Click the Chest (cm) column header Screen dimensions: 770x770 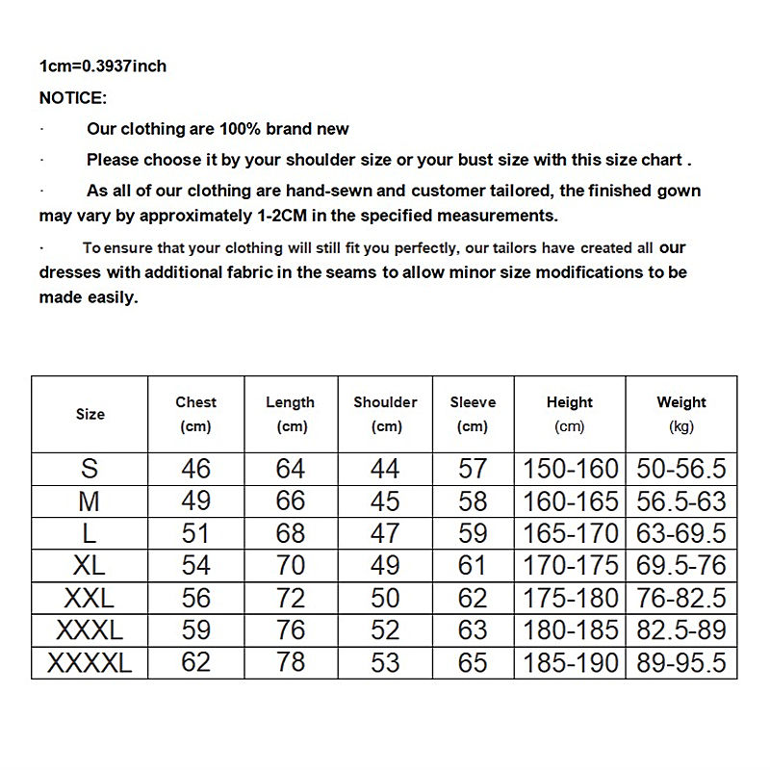click(195, 414)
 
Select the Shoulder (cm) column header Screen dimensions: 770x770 click(385, 414)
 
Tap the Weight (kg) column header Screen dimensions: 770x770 click(681, 414)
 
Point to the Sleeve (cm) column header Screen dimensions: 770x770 click(473, 414)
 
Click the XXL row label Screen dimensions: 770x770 click(90, 598)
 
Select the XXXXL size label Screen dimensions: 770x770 click(90, 662)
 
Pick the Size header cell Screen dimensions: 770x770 click(90, 414)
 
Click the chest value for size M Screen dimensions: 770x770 click(195, 501)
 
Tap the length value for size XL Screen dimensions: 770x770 click(290, 565)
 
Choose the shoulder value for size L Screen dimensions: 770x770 click(385, 533)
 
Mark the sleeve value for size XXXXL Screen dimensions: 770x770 click(473, 662)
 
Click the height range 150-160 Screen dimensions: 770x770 click(571, 470)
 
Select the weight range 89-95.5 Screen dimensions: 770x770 click(681, 662)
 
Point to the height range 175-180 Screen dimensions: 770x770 click(571, 598)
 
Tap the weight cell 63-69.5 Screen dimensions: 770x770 click(681, 533)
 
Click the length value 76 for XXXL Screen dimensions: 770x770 click(290, 630)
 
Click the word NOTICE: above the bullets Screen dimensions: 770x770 click(73, 98)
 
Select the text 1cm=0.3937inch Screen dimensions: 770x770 click(103, 66)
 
